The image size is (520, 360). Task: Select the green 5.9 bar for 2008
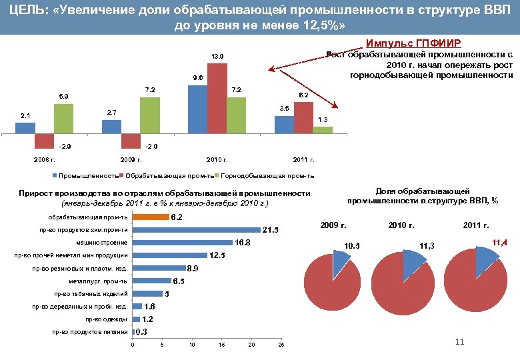pyautogui.click(x=63, y=119)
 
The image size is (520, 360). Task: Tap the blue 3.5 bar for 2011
pyautogui.click(x=284, y=125)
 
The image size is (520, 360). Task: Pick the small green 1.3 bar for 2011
pyautogui.click(x=323, y=130)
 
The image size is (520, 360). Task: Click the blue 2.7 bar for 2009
pyautogui.click(x=111, y=125)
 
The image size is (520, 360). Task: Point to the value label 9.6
pyautogui.click(x=198, y=77)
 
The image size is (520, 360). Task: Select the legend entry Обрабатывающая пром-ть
pyautogui.click(x=169, y=176)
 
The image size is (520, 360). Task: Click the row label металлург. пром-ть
pyautogui.click(x=101, y=281)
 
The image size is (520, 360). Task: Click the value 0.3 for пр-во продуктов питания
pyautogui.click(x=141, y=332)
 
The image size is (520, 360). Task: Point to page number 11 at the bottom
pyautogui.click(x=459, y=343)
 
